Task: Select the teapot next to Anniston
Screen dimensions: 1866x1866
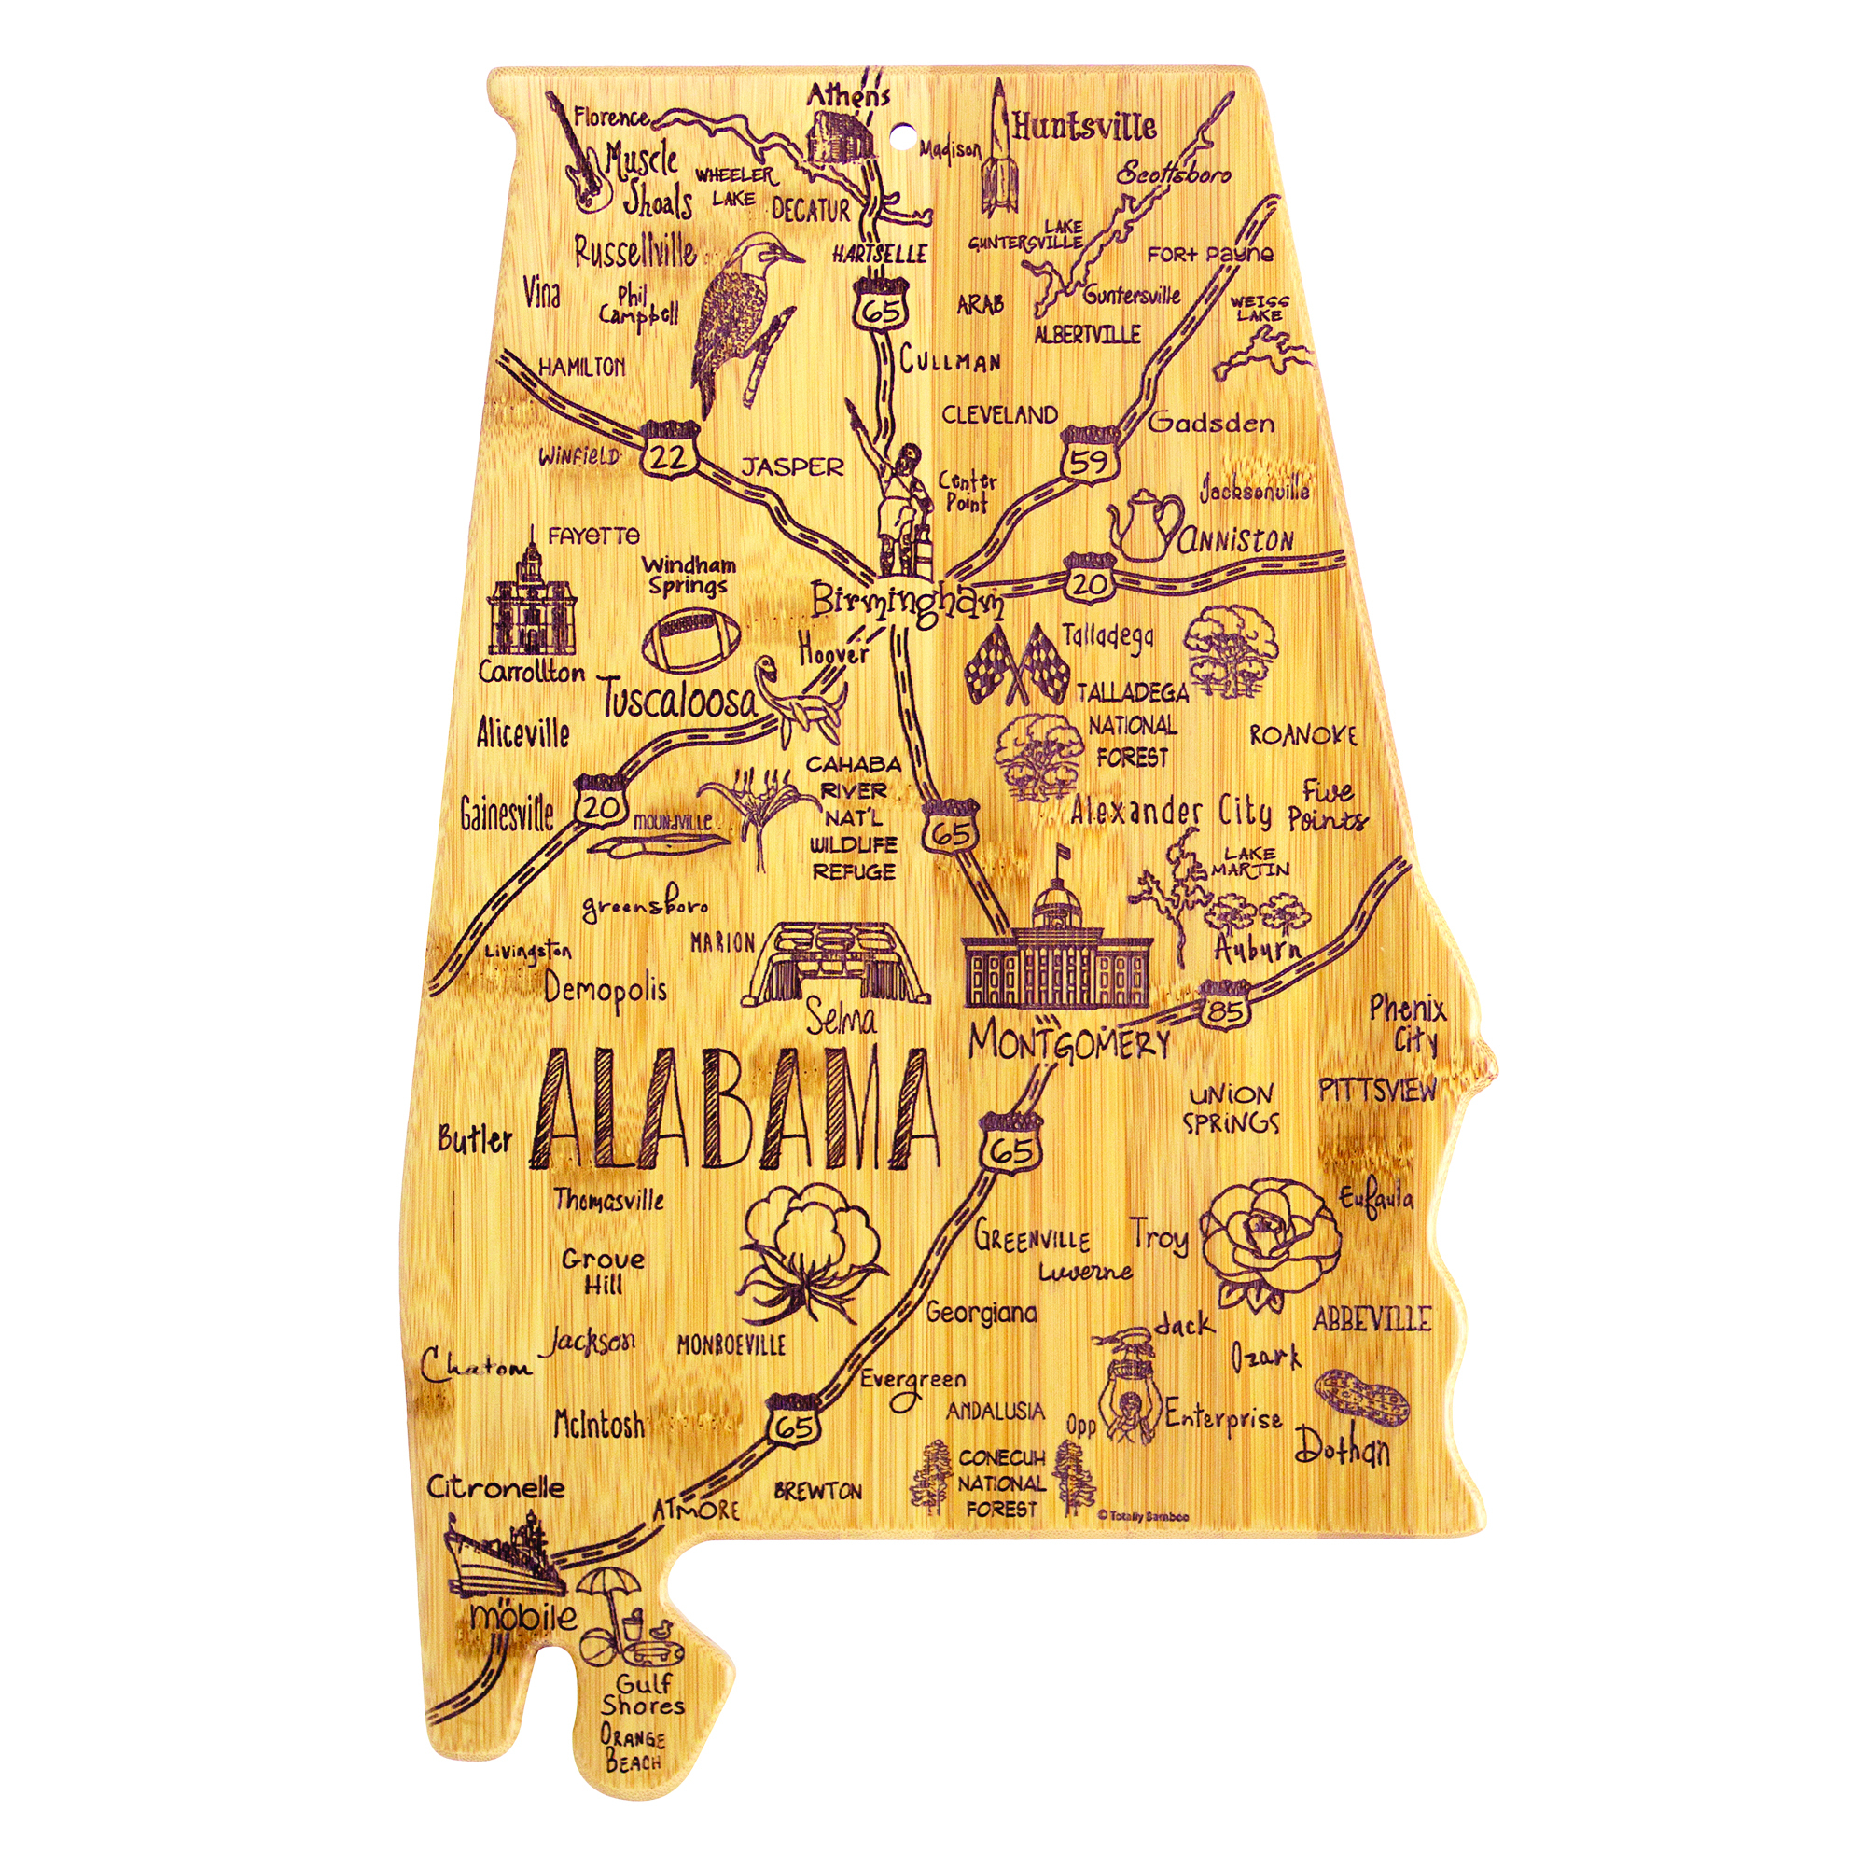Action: (1145, 526)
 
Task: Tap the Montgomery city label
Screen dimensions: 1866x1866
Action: (1068, 1044)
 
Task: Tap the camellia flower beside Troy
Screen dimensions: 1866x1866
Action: (1269, 1242)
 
